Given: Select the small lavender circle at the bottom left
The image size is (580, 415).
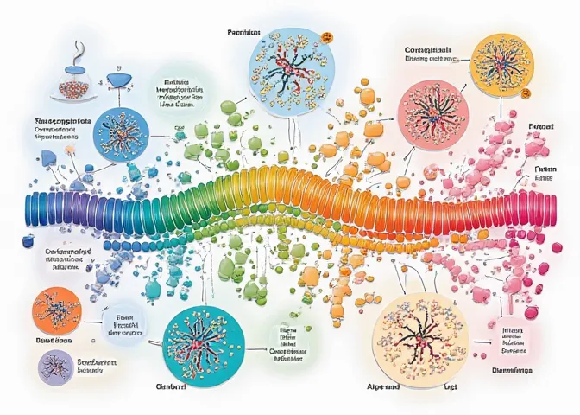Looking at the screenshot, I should (56, 366).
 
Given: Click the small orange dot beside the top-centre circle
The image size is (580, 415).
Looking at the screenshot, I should (328, 37).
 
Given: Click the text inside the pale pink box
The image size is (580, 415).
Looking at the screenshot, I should (509, 340).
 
